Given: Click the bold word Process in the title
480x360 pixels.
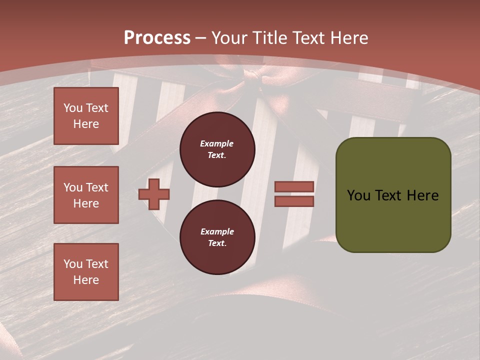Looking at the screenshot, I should point(157,38).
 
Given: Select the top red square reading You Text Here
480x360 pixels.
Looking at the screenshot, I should point(86,116).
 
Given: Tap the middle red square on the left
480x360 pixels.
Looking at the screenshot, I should point(86,195).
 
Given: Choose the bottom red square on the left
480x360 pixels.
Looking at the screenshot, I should point(86,272).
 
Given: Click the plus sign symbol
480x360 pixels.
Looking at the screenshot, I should point(154,194).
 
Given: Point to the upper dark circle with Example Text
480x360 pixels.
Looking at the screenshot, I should point(217,149).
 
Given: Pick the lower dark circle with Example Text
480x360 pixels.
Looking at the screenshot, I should point(217,237).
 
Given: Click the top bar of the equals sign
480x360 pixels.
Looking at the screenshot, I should point(294,186).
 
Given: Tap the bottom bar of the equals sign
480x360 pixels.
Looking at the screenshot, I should point(294,201).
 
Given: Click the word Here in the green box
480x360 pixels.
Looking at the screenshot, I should point(422,195).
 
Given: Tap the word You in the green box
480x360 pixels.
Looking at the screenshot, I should point(358,195).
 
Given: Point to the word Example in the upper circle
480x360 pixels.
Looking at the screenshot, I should point(217,143).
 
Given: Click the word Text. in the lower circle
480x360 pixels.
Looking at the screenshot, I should point(217,243).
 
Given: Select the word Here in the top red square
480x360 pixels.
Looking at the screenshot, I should point(86,124).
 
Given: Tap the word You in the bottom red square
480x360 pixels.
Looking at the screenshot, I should point(73,264).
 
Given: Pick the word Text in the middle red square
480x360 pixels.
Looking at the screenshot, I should point(96,187).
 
